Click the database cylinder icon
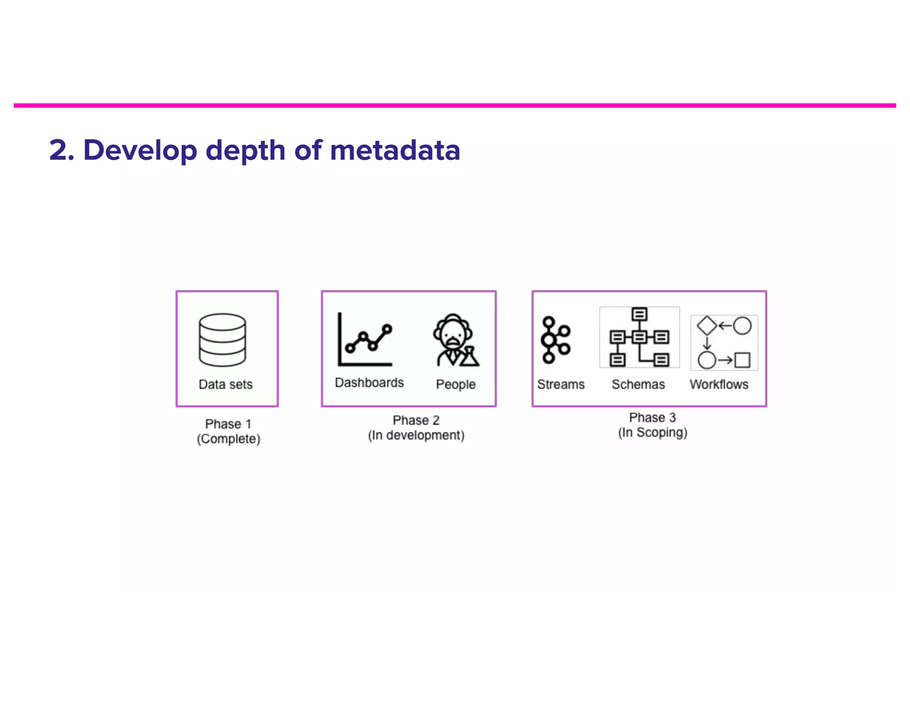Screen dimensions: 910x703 coord(222,340)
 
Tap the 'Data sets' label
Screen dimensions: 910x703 coord(225,384)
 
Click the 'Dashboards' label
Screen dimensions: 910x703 coord(369,383)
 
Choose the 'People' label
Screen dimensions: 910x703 coord(455,384)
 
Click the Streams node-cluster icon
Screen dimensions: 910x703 coord(555,340)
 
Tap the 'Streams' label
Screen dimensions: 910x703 coord(561,384)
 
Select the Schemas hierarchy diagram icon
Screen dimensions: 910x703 coord(639,337)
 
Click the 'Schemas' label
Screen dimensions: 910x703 coord(638,384)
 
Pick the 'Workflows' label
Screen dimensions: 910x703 coord(719,384)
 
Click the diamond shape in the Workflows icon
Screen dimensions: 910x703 coord(706,325)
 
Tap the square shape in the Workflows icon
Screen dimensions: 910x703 coord(742,360)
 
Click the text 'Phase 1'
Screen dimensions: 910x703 coord(228,424)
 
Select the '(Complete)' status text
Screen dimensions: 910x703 coord(228,439)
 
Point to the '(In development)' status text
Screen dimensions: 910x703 coord(416,435)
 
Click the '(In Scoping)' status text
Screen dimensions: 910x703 coord(652,432)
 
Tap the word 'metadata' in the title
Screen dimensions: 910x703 coord(395,150)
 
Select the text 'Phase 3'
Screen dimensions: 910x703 coord(652,418)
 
